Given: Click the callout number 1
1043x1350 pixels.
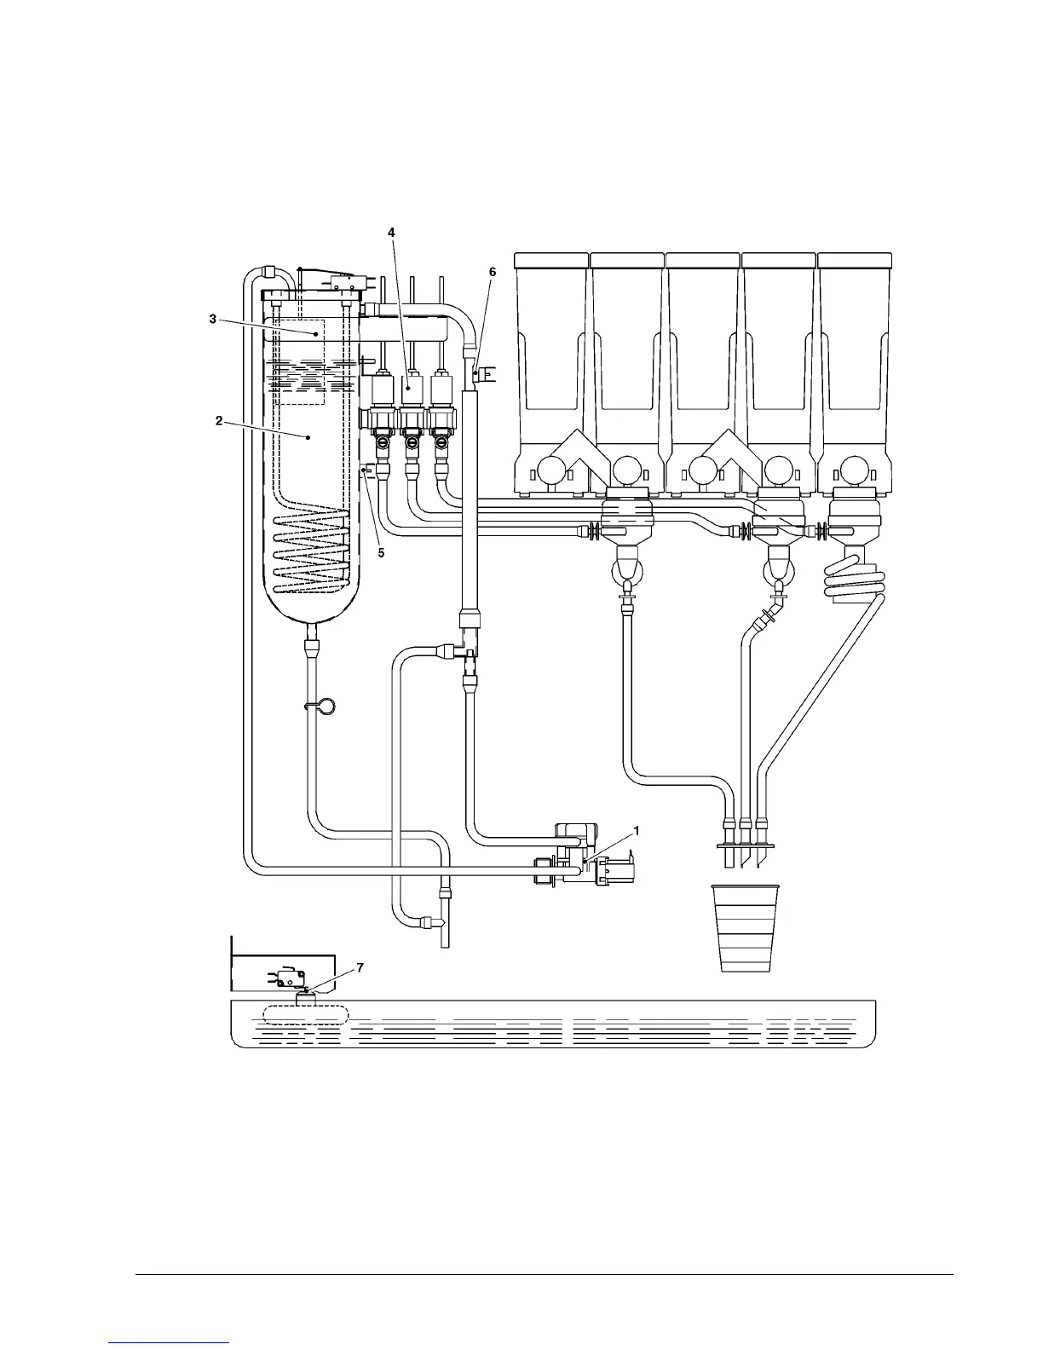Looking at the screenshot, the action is click(x=636, y=829).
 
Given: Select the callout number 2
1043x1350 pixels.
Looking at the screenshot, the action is click(x=219, y=421).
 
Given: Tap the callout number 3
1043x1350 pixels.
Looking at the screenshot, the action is click(x=213, y=319).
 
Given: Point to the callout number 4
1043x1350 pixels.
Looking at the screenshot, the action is click(x=391, y=232).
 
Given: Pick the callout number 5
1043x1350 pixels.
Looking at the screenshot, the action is click(x=381, y=553).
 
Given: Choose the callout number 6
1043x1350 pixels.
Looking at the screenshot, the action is click(x=492, y=271).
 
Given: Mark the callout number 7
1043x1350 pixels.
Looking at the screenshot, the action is click(x=360, y=968).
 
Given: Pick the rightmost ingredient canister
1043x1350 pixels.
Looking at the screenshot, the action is click(x=855, y=358).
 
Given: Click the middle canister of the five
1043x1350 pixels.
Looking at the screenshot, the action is click(x=702, y=358).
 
